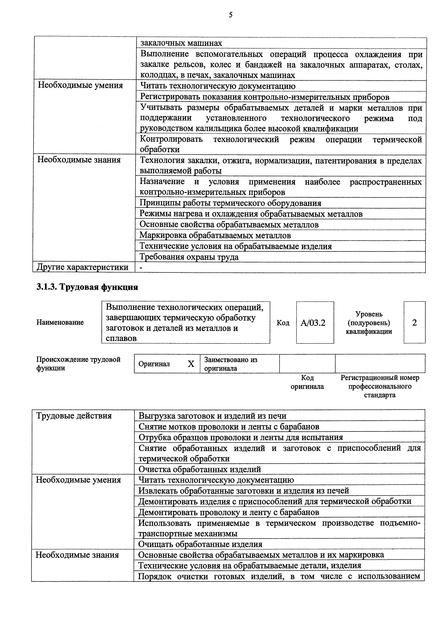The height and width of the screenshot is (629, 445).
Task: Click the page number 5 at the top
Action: tap(230, 15)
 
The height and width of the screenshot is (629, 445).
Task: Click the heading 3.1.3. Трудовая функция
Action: tap(87, 287)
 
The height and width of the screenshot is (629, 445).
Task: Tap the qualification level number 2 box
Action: tap(414, 323)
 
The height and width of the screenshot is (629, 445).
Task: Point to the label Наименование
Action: tap(60, 322)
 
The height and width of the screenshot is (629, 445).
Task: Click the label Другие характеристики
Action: tap(83, 267)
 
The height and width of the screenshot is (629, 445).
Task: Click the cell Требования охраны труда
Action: tap(189, 257)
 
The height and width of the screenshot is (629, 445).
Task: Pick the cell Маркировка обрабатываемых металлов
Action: tap(215, 235)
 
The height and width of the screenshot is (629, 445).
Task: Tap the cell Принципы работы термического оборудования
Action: tap(230, 203)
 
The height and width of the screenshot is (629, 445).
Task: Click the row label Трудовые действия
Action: tap(74, 416)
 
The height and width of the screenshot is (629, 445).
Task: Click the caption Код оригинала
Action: tap(307, 382)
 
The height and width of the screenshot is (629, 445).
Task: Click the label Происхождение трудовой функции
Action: tap(78, 363)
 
